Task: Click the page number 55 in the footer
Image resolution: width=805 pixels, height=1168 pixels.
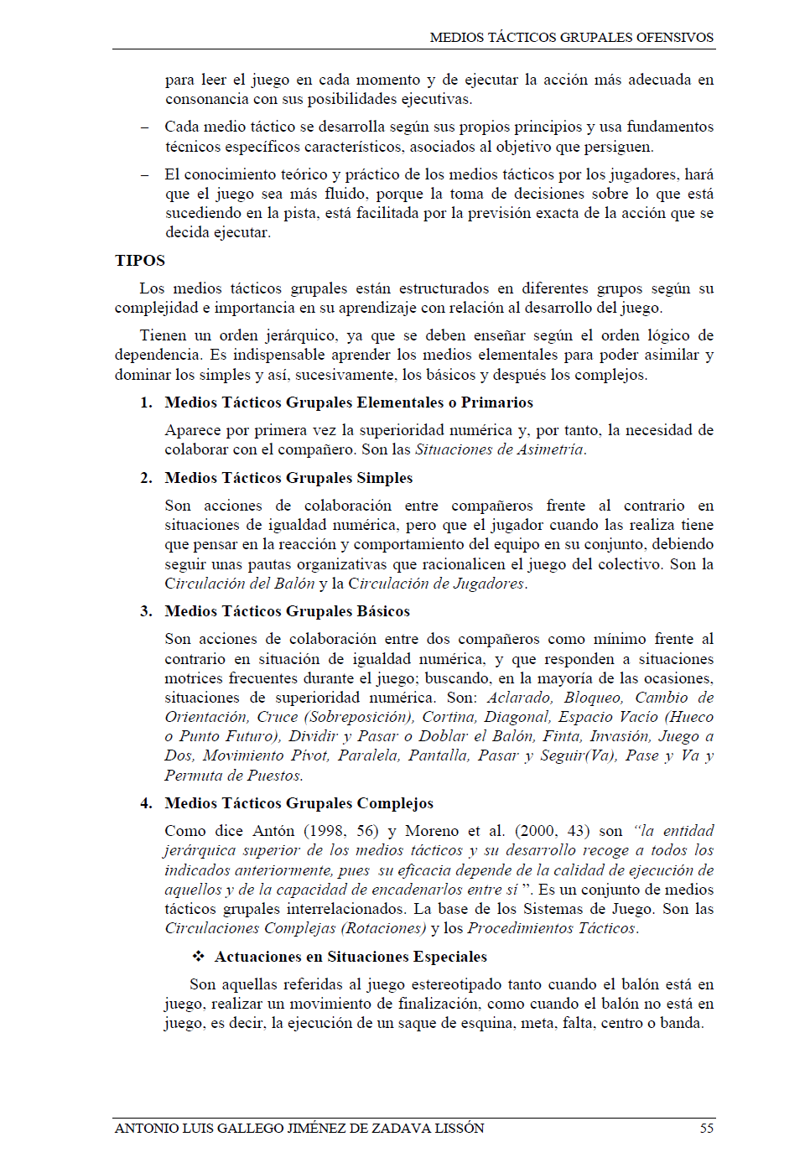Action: click(x=706, y=1128)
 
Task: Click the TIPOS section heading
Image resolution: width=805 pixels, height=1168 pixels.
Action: click(x=140, y=261)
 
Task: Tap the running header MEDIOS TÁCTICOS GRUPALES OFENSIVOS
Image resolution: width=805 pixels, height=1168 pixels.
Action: click(x=571, y=37)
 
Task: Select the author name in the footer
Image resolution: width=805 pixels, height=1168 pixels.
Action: click(x=299, y=1128)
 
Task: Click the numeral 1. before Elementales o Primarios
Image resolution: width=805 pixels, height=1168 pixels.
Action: click(x=146, y=402)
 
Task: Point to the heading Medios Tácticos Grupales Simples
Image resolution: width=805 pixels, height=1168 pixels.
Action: click(x=288, y=478)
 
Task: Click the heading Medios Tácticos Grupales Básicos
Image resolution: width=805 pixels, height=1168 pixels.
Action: click(x=287, y=611)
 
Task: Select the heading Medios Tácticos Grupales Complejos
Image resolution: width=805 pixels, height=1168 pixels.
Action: click(x=299, y=803)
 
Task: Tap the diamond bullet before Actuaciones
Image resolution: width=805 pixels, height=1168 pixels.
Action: click(x=199, y=957)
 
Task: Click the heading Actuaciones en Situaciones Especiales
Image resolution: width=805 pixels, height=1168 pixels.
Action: click(x=351, y=957)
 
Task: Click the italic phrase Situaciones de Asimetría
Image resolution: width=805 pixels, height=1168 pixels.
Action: click(x=499, y=449)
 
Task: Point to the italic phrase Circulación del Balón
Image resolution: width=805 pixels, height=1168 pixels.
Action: click(x=239, y=584)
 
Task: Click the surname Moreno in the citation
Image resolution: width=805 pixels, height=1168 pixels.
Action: click(x=431, y=831)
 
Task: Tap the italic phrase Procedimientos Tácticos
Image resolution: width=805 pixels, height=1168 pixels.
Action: click(x=552, y=928)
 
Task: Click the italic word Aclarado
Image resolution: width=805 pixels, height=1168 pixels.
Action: click(x=519, y=698)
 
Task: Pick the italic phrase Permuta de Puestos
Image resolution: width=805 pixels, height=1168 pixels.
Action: click(x=232, y=776)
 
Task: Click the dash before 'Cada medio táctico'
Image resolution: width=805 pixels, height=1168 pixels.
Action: click(x=145, y=127)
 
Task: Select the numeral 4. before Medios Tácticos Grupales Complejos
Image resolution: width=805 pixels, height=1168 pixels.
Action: click(x=146, y=803)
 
